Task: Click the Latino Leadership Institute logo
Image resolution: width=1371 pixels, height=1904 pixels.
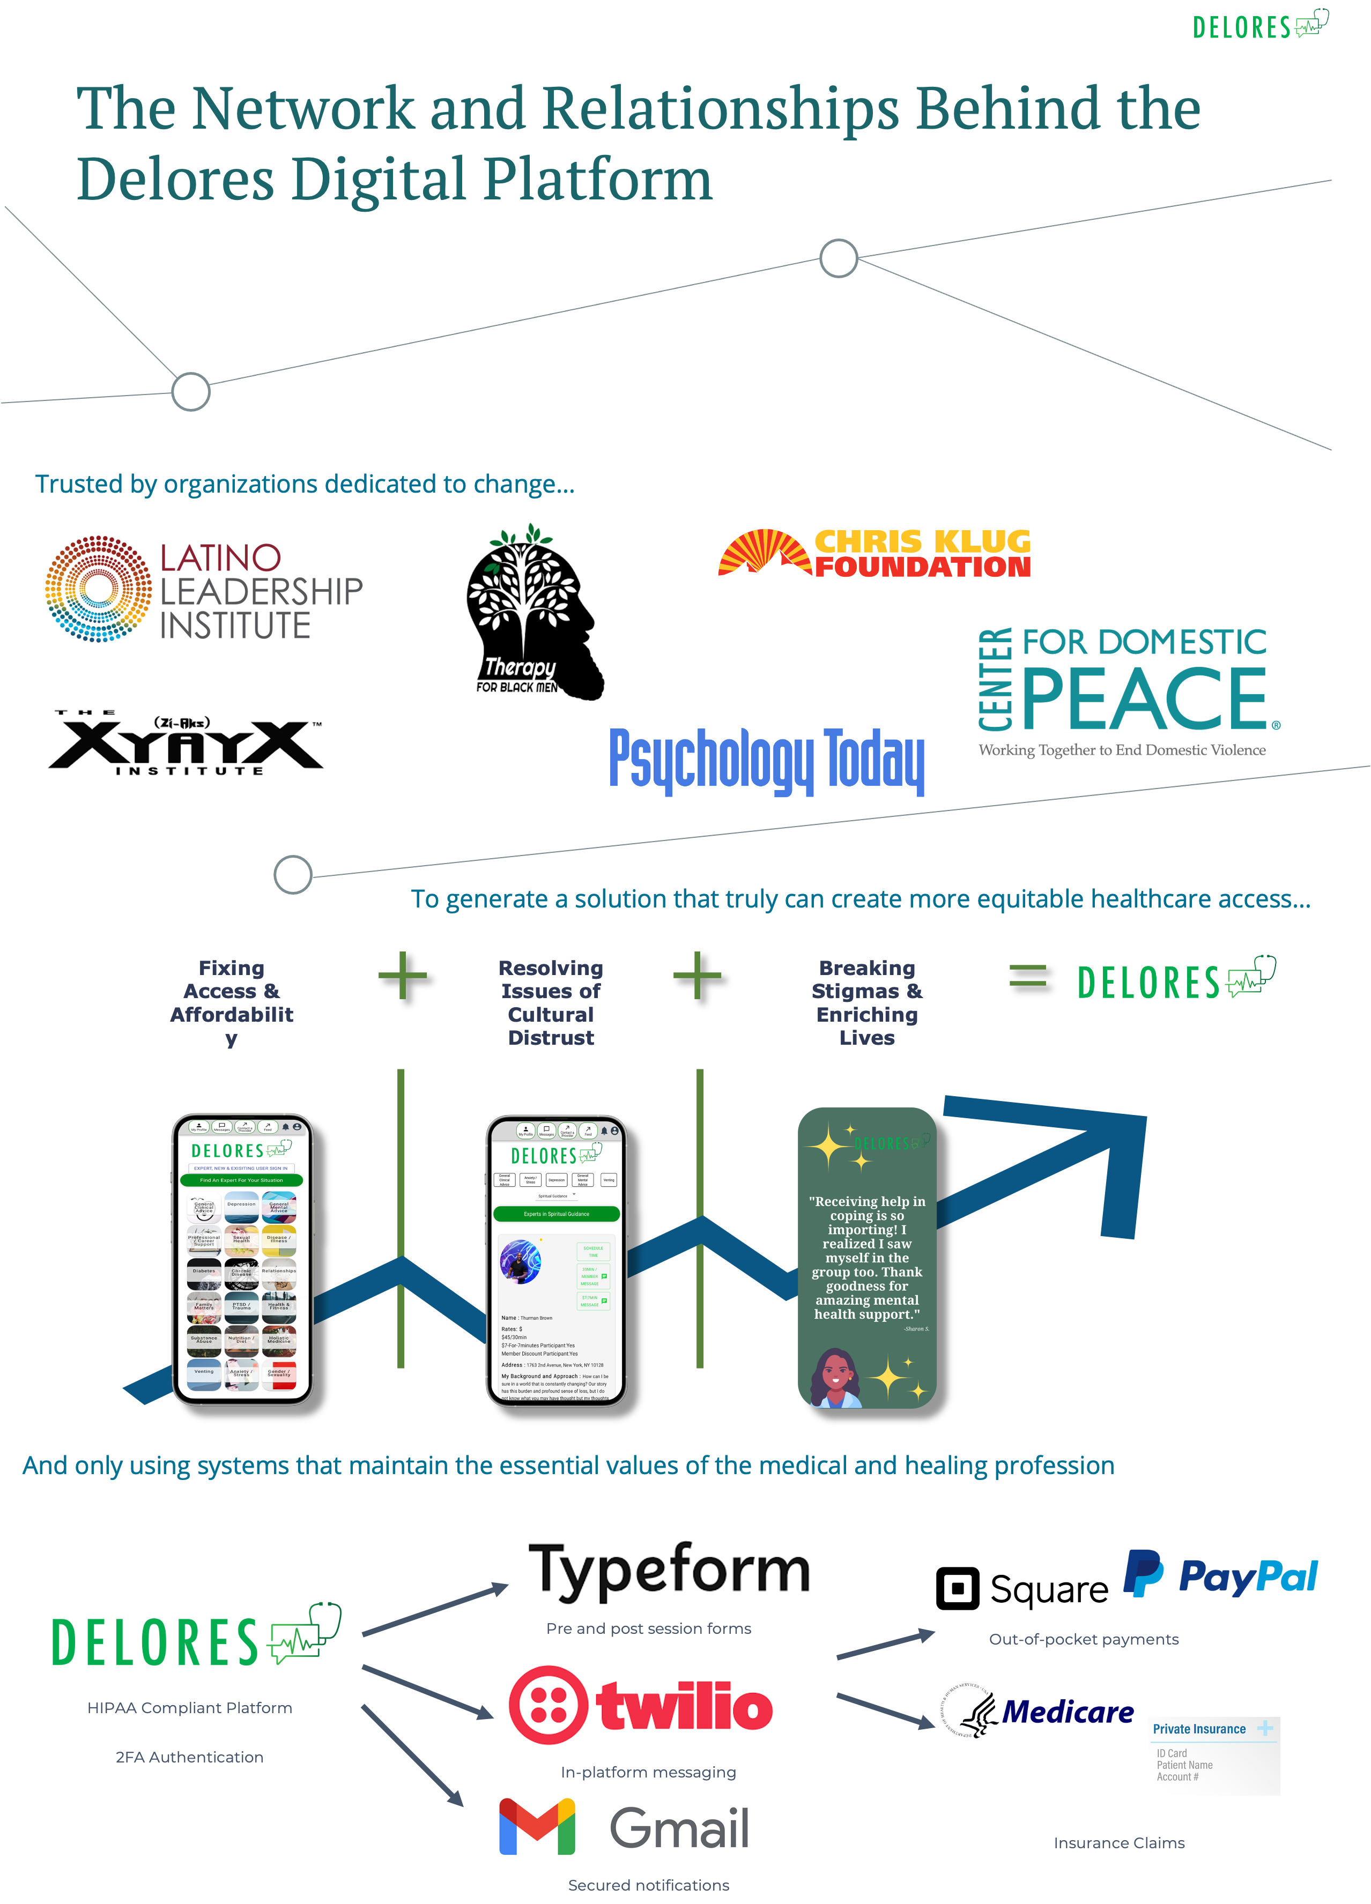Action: pyautogui.click(x=204, y=589)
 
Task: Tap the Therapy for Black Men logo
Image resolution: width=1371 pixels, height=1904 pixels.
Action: pyautogui.click(x=535, y=611)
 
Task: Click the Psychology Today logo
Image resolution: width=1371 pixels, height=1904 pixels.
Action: pyautogui.click(x=767, y=756)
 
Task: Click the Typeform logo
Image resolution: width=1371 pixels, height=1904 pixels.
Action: pyautogui.click(x=672, y=1568)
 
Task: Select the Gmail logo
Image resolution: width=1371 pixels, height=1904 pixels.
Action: pyautogui.click(x=623, y=1827)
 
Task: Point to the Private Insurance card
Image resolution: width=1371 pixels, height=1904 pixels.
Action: pyautogui.click(x=1214, y=1756)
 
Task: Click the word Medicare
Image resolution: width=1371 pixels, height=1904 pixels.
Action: pyautogui.click(x=1068, y=1711)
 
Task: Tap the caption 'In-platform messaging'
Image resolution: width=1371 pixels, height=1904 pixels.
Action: pyautogui.click(x=648, y=1772)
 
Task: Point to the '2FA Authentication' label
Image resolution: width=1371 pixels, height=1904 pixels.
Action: pyautogui.click(x=190, y=1757)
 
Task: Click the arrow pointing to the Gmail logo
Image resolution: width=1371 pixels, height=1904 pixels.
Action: pyautogui.click(x=413, y=1756)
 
